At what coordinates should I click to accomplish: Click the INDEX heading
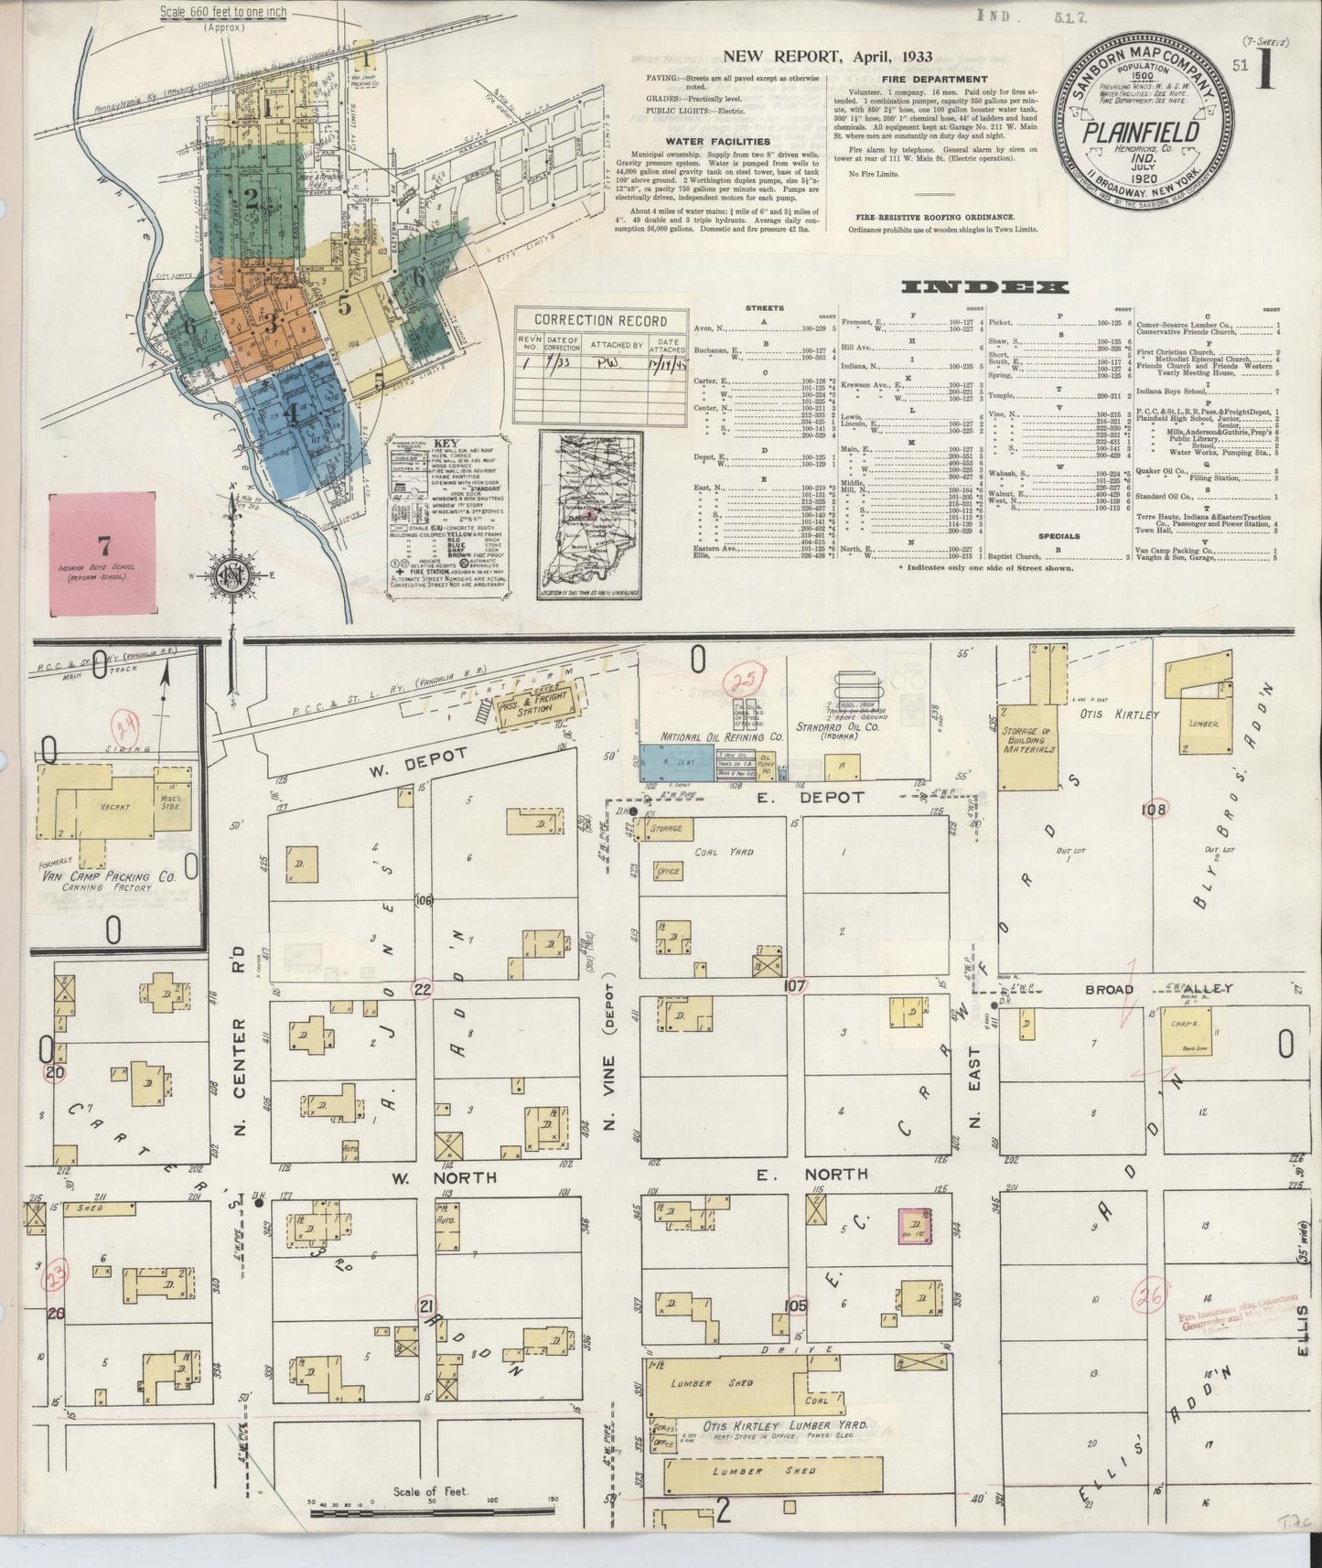click(x=984, y=287)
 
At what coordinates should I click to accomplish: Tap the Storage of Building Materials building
click(x=1029, y=746)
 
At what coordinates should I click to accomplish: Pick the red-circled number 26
click(x=1148, y=1297)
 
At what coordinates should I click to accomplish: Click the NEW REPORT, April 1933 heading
click(x=827, y=56)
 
